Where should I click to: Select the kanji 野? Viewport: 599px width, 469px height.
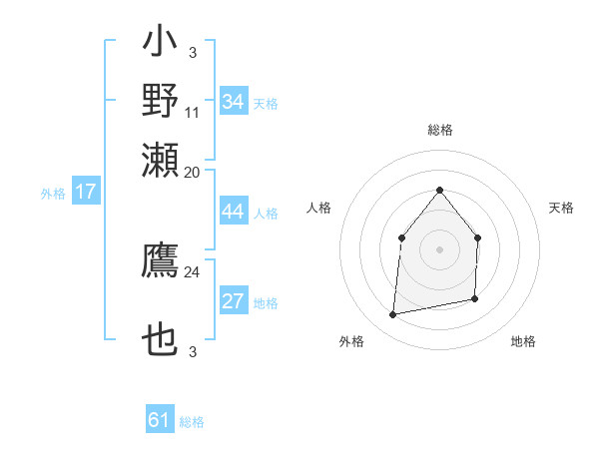(x=161, y=101)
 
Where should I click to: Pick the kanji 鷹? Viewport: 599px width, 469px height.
(x=161, y=260)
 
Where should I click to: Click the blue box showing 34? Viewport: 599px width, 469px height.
(x=234, y=102)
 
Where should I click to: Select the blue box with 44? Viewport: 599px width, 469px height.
(x=234, y=213)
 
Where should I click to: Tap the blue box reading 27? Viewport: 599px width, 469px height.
(x=234, y=302)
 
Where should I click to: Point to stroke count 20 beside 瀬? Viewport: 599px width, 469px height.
(x=192, y=172)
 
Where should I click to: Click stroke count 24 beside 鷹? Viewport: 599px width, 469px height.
(x=192, y=271)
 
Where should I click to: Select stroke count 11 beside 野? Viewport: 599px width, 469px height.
(x=192, y=112)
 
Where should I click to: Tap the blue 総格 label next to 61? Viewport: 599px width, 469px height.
(x=192, y=422)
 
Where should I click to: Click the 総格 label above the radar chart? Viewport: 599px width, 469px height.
(x=439, y=130)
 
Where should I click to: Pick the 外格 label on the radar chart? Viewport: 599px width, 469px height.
(x=351, y=341)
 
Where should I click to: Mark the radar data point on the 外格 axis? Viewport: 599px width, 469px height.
(x=393, y=314)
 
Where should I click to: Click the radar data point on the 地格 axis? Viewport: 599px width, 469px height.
(x=475, y=298)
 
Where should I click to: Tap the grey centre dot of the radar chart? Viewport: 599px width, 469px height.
(x=439, y=249)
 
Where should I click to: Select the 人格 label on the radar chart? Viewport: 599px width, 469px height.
(x=318, y=208)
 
